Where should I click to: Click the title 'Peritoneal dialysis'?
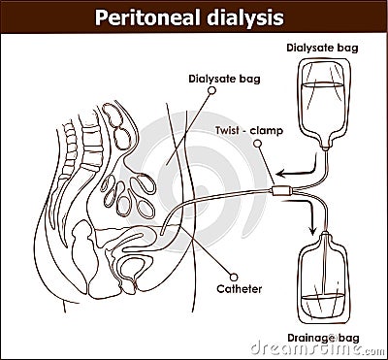pos(191,16)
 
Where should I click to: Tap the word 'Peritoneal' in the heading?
pos(145,16)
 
